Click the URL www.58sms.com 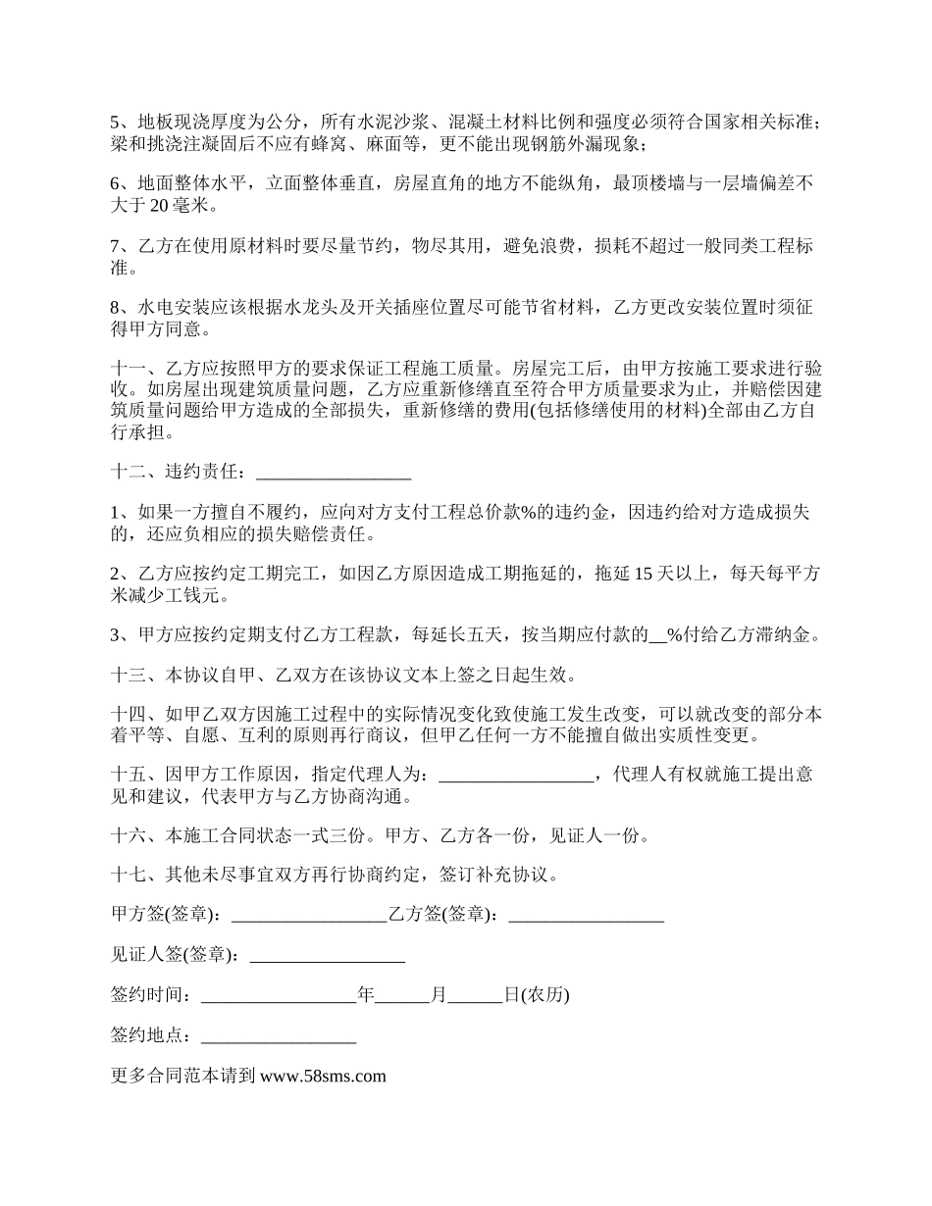pos(323,1076)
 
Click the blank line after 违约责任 pos(333,473)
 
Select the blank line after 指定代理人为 pos(516,775)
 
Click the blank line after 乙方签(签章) pos(587,915)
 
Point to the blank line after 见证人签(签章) pos(328,955)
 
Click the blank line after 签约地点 pos(279,1035)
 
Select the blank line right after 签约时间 pos(279,995)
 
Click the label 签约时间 pos(147,995)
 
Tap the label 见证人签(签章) pos(174,955)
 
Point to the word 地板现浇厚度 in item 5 pos(183,124)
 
